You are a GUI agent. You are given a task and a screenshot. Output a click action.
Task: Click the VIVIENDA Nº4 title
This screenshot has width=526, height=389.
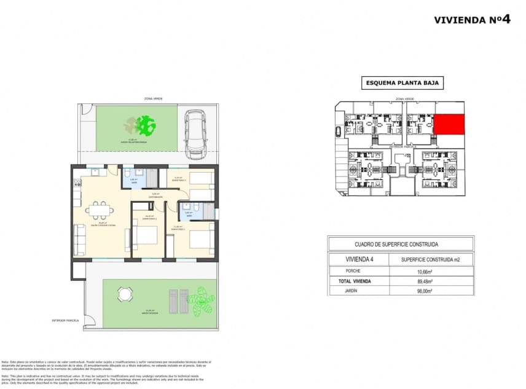pos(472,19)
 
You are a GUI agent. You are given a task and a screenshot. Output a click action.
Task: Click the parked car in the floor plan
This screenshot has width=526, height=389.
pos(195,132)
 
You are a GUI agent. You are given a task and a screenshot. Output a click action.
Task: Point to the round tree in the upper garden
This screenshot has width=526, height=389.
pos(146,127)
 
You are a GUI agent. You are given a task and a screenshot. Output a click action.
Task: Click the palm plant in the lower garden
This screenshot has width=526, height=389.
pos(202,301)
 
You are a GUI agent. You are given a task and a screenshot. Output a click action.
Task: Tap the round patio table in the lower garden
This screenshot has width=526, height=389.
pos(125,294)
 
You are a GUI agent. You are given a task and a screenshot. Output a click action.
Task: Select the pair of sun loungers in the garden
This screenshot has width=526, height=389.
pos(179,301)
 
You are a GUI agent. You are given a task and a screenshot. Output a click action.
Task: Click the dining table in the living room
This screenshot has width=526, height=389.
pos(99,210)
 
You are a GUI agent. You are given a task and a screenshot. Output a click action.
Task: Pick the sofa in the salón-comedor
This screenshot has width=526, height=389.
pos(79,240)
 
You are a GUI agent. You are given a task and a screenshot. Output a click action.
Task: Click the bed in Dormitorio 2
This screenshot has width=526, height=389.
pos(146,237)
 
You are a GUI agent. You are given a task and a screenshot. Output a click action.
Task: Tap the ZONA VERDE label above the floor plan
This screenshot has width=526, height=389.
pos(145,98)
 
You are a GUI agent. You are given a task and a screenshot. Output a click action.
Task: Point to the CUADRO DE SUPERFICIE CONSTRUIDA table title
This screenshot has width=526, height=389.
pos(401,244)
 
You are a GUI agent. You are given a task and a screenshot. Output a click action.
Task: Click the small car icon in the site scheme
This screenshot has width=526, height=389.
pos(339,131)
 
